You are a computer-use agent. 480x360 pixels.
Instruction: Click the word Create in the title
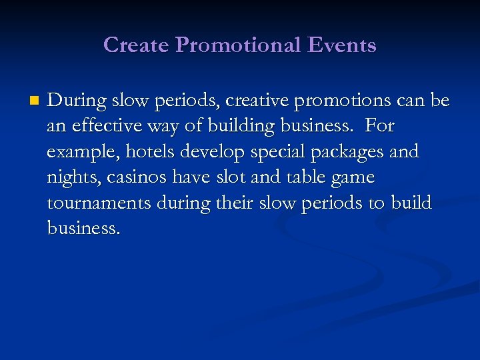(136, 45)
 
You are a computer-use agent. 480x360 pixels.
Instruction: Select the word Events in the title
(343, 45)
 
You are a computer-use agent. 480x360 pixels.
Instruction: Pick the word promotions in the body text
(342, 101)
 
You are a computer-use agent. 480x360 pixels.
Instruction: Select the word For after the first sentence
(380, 127)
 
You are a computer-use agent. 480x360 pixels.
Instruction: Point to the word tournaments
(99, 203)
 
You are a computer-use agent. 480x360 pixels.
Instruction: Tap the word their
(229, 203)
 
